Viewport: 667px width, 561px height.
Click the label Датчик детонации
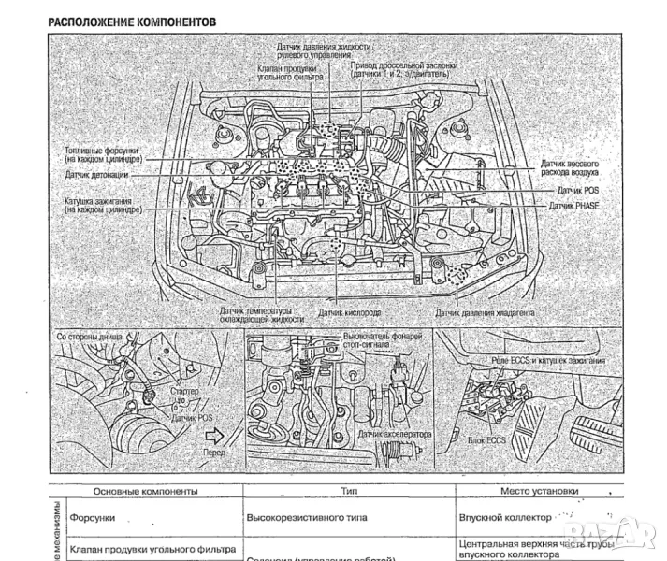pos(98,174)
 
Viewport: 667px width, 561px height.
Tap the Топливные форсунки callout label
pos(102,154)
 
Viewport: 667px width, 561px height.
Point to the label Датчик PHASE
pos(574,205)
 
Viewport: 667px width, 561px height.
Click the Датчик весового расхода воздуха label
pos(570,168)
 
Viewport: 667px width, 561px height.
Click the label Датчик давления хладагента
pos(485,313)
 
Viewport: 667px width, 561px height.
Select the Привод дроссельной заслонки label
pos(404,71)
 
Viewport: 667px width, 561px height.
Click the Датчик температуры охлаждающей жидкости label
pos(262,313)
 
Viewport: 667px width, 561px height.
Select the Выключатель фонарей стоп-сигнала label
pos(384,340)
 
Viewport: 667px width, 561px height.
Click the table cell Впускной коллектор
pos(503,516)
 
